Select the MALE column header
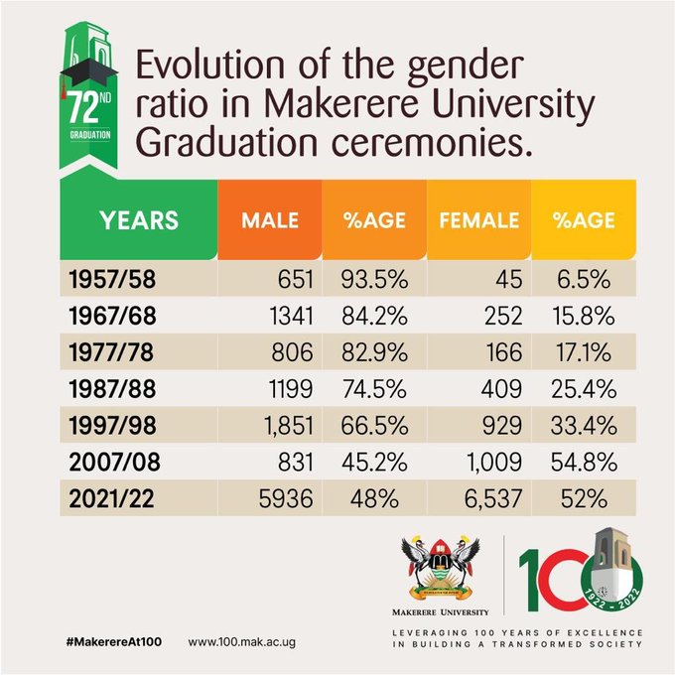coord(271,220)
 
